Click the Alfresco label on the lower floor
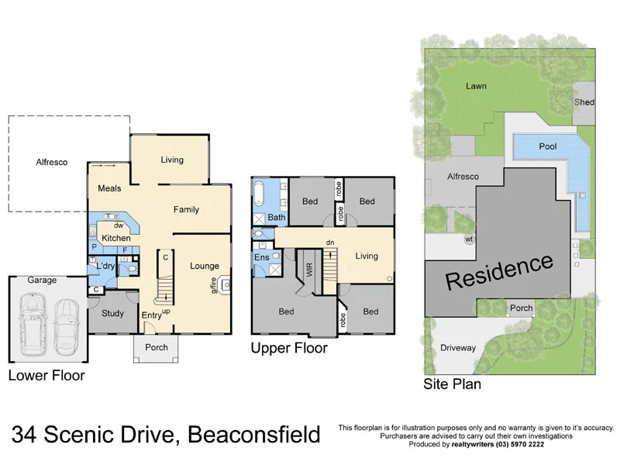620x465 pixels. point(52,163)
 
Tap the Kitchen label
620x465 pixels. point(116,238)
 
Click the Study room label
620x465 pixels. point(112,314)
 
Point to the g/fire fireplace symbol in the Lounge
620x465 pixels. point(226,285)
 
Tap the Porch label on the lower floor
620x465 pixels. point(157,347)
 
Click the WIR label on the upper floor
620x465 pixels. point(308,271)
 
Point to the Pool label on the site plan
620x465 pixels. point(548,146)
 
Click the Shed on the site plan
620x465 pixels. point(584,102)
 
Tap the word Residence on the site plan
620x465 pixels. point(499,270)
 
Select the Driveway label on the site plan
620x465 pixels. point(457,348)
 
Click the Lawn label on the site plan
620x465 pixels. point(476,86)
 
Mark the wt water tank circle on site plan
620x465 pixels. point(469,239)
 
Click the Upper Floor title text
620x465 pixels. point(288,349)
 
